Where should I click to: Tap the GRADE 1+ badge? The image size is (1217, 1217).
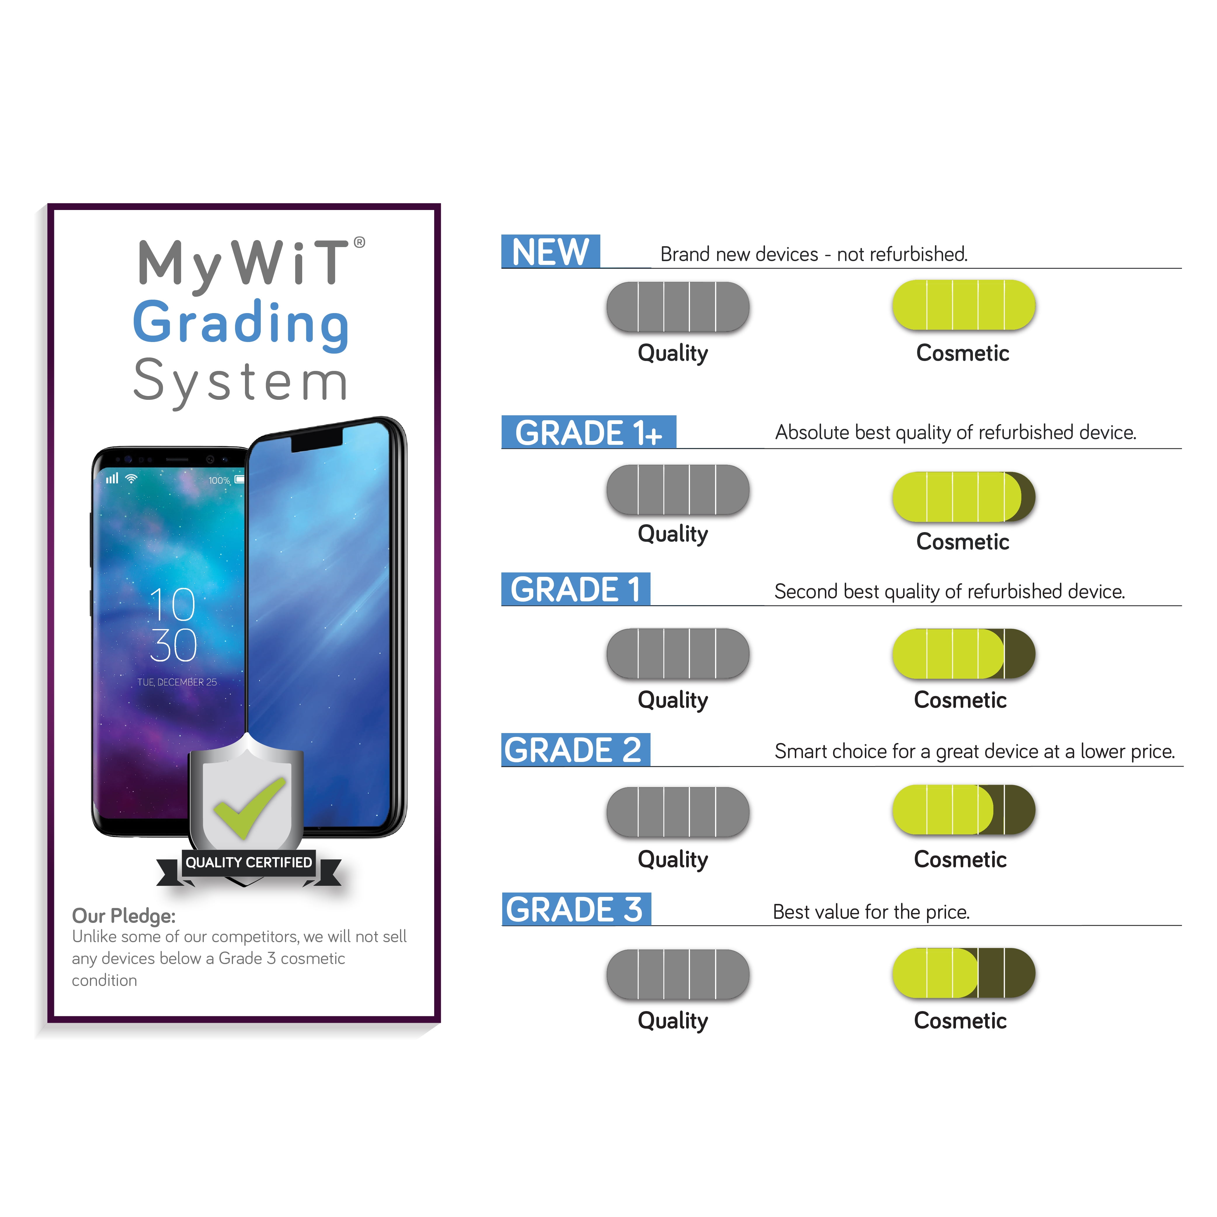tap(588, 432)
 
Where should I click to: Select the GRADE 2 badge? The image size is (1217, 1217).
tap(575, 750)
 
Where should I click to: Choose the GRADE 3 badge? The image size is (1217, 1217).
tap(576, 909)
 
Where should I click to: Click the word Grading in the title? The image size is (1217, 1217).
tap(241, 324)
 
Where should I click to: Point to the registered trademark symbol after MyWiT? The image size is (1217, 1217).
tap(359, 242)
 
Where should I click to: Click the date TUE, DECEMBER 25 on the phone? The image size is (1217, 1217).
tap(177, 682)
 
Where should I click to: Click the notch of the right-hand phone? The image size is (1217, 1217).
tap(317, 441)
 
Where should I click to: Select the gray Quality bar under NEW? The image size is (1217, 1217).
tap(678, 307)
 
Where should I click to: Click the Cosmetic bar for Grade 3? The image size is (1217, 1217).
tap(963, 973)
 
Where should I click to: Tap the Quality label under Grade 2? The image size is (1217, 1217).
tap(673, 859)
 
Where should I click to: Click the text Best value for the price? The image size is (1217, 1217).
tap(871, 912)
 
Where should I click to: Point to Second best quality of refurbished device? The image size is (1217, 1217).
tap(949, 591)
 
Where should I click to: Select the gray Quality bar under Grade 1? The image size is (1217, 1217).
tap(678, 653)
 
